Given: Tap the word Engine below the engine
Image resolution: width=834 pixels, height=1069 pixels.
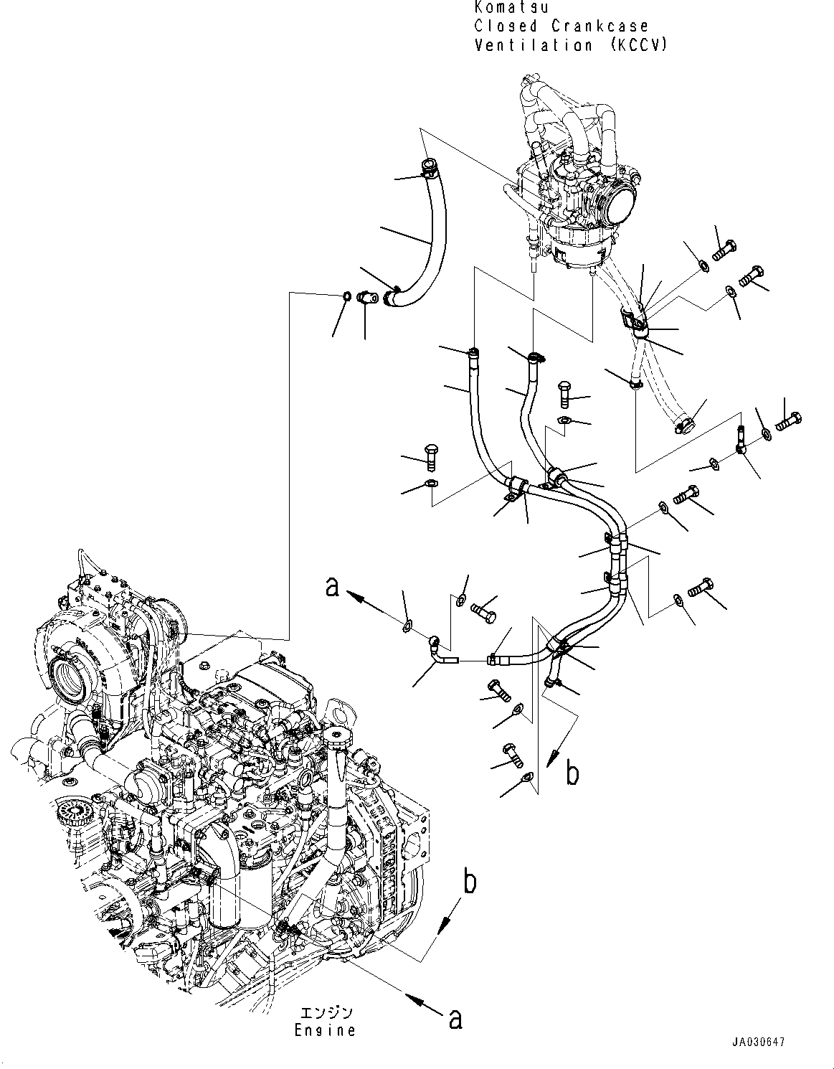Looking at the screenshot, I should (x=325, y=1030).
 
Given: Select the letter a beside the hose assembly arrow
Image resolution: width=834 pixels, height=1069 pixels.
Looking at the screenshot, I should (x=331, y=588).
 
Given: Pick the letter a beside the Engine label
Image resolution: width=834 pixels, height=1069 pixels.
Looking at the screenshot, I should (x=455, y=1019).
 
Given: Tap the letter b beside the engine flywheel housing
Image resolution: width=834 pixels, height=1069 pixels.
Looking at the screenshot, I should (x=469, y=882).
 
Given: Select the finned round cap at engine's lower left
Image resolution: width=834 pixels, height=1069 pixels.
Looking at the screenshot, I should (x=71, y=811).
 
